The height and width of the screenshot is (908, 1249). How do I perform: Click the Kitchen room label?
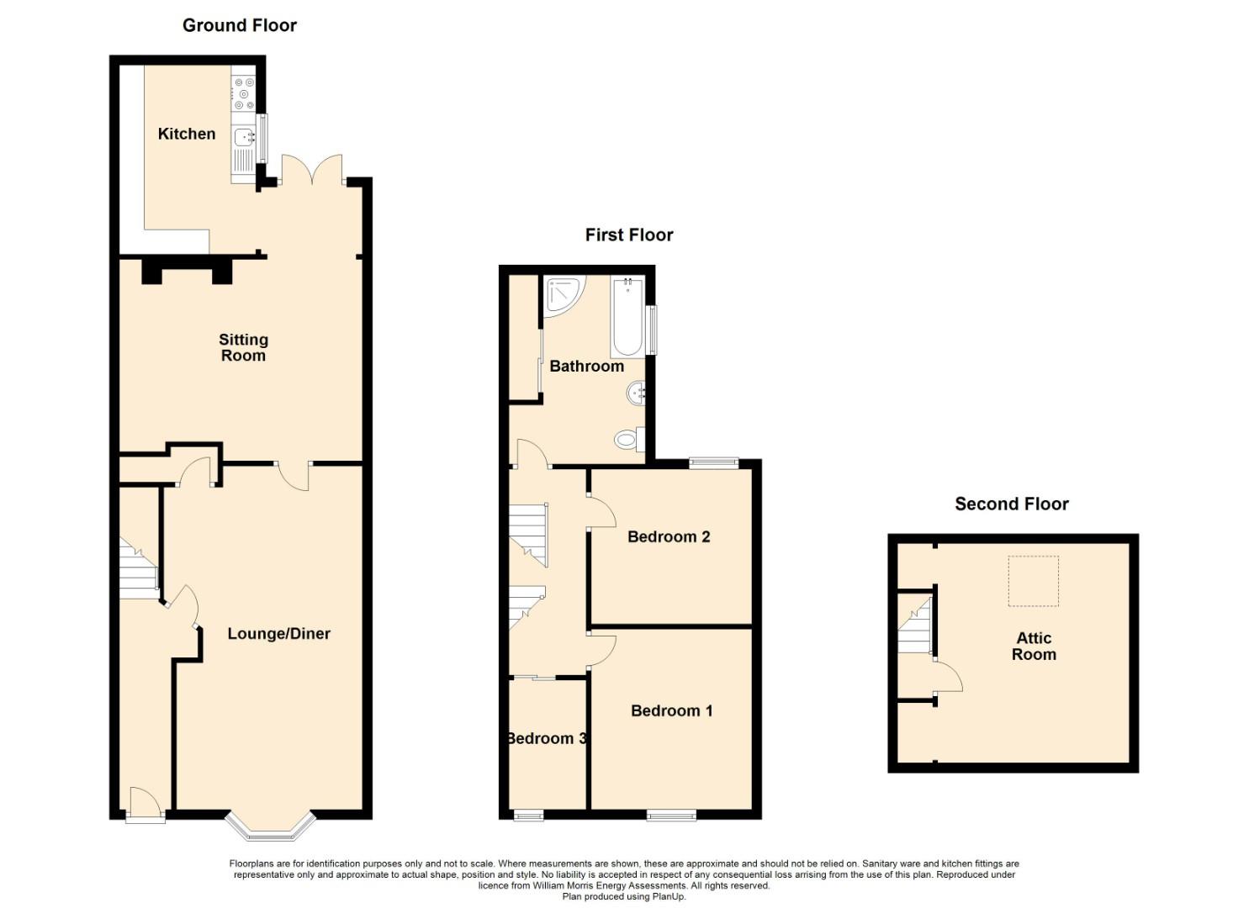(186, 134)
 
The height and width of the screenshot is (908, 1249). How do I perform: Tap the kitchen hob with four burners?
(244, 93)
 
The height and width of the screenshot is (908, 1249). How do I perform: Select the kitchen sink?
(244, 136)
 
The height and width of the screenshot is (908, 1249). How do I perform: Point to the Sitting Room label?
(243, 347)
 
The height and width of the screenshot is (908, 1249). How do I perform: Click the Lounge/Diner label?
(278, 633)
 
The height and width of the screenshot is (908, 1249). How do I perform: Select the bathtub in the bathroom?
(627, 317)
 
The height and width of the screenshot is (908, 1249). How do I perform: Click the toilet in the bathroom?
(630, 439)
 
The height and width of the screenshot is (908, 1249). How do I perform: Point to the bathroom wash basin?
(636, 393)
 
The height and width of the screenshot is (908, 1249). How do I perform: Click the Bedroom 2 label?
(669, 536)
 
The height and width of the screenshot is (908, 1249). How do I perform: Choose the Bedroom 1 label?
(671, 710)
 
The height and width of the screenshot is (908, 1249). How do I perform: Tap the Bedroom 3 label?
(547, 738)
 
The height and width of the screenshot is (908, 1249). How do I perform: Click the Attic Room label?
(1034, 646)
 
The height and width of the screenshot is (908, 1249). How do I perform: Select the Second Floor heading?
(1012, 504)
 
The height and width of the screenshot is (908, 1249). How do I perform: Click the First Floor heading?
(629, 235)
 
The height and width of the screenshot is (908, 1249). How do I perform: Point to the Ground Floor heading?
(239, 25)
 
